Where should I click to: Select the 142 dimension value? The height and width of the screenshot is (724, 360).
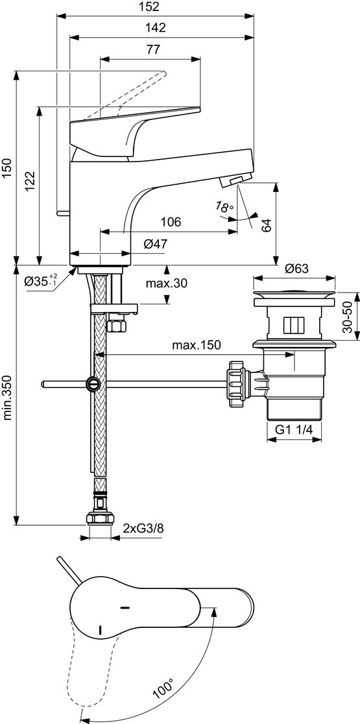[x=156, y=28]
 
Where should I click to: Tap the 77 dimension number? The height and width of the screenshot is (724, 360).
[x=153, y=50]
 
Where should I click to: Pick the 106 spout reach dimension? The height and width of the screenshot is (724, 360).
[x=171, y=222]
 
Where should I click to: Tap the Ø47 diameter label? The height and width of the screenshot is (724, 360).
[x=155, y=244]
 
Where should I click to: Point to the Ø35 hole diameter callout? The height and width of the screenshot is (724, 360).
[x=41, y=280]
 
